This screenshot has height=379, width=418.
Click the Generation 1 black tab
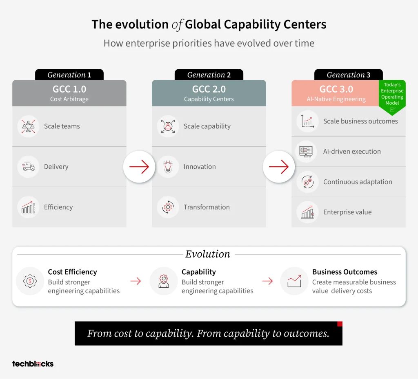[69, 75]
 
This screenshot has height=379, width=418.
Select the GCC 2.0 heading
[209, 89]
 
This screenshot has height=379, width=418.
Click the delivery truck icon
[29, 167]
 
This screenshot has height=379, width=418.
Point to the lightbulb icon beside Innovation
[168, 167]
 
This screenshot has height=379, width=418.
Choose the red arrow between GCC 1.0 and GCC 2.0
[139, 167]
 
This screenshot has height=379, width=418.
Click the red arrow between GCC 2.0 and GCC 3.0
[279, 167]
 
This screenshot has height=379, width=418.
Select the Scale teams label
[62, 126]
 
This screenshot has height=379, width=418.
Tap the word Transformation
[207, 207]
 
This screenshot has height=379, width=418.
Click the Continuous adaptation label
[358, 182]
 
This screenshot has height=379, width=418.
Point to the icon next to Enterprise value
[308, 212]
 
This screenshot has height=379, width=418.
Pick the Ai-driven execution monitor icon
[306, 152]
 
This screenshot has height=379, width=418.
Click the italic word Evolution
[208, 254]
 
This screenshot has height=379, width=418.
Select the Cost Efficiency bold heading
[73, 272]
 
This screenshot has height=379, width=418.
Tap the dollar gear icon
[30, 281]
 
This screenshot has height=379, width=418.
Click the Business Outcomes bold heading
[345, 272]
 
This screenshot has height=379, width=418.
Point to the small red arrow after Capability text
[267, 281]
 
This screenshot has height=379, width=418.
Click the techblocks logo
[33, 364]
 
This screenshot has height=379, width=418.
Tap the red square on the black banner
[340, 324]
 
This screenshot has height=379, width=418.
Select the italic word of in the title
[177, 25]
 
